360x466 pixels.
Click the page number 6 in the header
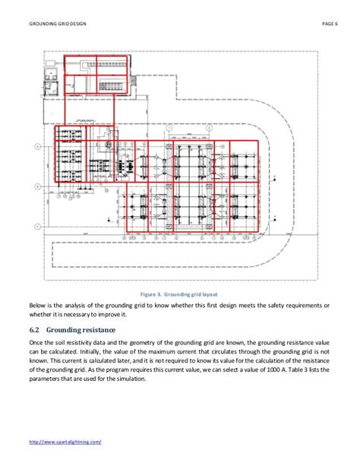334,24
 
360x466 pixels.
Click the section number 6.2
33,331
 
